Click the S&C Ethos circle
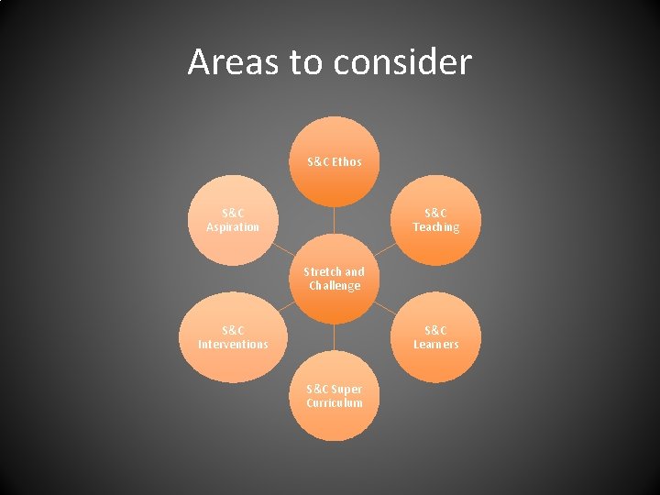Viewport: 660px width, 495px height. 335,161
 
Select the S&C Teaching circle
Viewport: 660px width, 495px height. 435,220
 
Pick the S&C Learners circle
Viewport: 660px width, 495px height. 435,337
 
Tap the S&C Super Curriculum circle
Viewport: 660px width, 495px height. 335,396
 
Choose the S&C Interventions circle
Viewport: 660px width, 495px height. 233,337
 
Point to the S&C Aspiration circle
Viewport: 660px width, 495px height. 233,220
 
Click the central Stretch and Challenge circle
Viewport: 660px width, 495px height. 335,279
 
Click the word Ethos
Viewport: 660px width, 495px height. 346,162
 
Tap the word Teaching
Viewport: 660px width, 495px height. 435,227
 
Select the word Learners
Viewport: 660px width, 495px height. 435,345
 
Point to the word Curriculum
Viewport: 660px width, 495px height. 335,403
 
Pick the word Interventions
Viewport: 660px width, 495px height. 233,345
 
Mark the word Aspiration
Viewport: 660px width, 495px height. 233,227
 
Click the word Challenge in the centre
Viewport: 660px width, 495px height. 335,286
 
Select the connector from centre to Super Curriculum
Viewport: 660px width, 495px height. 335,337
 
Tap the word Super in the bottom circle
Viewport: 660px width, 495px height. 346,390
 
